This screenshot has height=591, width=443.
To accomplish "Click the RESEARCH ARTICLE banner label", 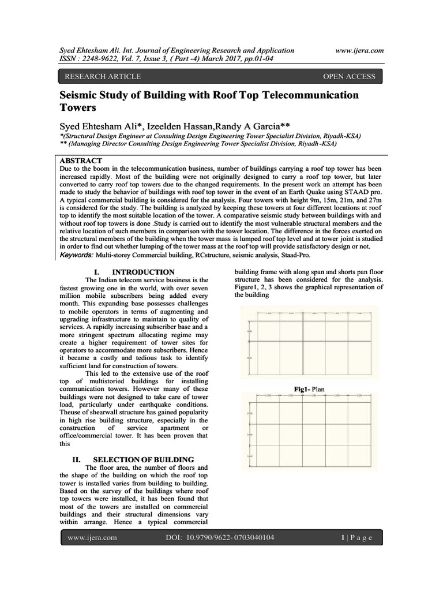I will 102,76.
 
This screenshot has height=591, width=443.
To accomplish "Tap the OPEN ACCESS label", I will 349,76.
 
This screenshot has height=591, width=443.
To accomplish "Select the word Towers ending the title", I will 80,107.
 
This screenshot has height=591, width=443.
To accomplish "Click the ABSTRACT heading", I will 81,160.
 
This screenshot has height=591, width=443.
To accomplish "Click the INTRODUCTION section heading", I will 143,271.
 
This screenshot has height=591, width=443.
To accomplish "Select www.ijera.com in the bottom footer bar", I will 92,538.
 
